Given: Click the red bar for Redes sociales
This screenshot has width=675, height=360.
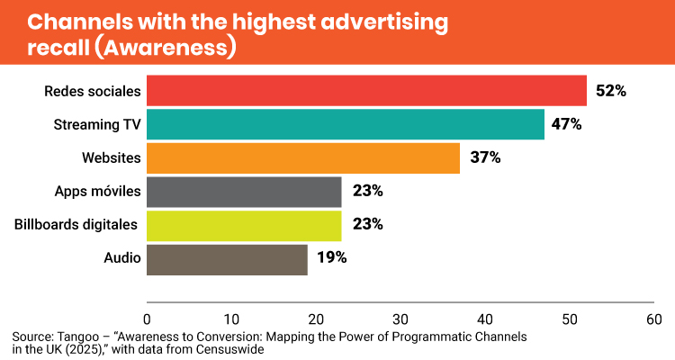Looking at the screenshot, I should coord(366,91).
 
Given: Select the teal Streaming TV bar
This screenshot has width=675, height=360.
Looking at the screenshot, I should coord(346,124).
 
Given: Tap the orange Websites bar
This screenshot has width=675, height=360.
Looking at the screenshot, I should coord(303,157).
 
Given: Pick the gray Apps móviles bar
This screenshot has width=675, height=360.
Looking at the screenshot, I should coord(244,191).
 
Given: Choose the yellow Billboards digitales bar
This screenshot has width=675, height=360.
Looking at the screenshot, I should coord(244,224).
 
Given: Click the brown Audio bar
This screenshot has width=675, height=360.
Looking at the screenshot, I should coord(227,258).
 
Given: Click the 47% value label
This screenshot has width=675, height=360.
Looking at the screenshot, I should coord(567,124).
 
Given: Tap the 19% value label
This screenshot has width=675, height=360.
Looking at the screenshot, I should coord(331,258).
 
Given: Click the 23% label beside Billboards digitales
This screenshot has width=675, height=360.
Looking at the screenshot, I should coord(367,224).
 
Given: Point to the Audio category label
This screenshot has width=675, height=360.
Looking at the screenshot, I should coord(123,258).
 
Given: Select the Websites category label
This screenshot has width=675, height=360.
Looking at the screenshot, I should coord(112,157).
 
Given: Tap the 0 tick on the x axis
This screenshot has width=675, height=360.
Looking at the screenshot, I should coord(147,319).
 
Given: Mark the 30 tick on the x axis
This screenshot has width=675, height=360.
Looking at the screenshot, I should coord(400,319).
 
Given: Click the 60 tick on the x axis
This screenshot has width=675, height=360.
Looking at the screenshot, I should coord(654,319).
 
